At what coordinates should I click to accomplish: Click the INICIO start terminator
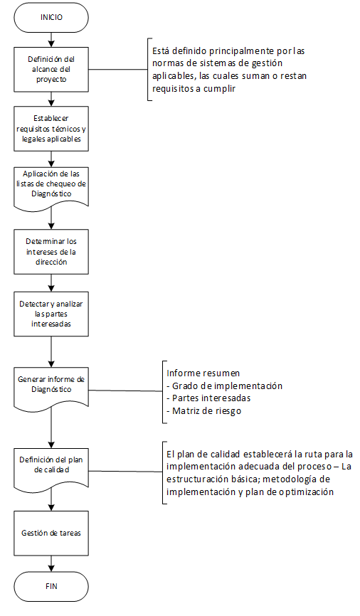51,18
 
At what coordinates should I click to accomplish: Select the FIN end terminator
51,587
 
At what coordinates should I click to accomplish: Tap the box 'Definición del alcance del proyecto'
51,70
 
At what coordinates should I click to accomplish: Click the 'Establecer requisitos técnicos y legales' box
51,129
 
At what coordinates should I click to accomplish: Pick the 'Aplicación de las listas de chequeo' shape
51,187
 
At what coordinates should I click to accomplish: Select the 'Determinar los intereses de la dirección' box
51,252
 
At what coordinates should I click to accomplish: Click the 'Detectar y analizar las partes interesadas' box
51,314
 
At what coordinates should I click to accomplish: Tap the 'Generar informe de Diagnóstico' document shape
51,387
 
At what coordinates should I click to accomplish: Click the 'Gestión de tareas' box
51,533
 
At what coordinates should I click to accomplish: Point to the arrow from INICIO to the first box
51,40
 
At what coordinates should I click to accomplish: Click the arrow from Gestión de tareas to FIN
51,564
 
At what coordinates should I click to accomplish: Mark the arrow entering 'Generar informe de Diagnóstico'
51,351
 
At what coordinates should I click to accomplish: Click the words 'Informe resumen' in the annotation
203,373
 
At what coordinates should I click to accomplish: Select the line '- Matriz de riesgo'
204,411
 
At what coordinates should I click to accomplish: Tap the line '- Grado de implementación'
224,386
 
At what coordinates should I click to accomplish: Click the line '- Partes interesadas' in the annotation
208,398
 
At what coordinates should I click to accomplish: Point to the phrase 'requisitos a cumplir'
194,88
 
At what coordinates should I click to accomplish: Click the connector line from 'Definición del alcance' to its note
118,70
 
